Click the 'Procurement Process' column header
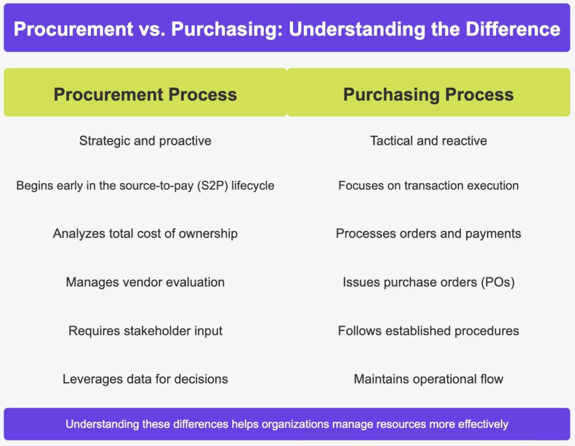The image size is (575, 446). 145,94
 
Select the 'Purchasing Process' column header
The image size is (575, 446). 428,94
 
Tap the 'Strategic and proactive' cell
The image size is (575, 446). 145,141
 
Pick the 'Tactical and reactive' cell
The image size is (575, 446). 428,141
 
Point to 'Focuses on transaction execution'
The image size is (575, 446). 428,185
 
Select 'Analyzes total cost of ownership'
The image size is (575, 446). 145,234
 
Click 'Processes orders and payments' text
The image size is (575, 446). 428,234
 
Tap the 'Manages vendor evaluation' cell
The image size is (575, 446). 145,282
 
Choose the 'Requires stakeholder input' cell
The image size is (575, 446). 145,331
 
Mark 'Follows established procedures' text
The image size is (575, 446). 428,331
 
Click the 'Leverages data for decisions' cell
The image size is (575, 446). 145,379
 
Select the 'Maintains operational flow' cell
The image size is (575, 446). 428,379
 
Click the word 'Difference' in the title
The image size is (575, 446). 513,29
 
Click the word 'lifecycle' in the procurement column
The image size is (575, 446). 253,185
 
